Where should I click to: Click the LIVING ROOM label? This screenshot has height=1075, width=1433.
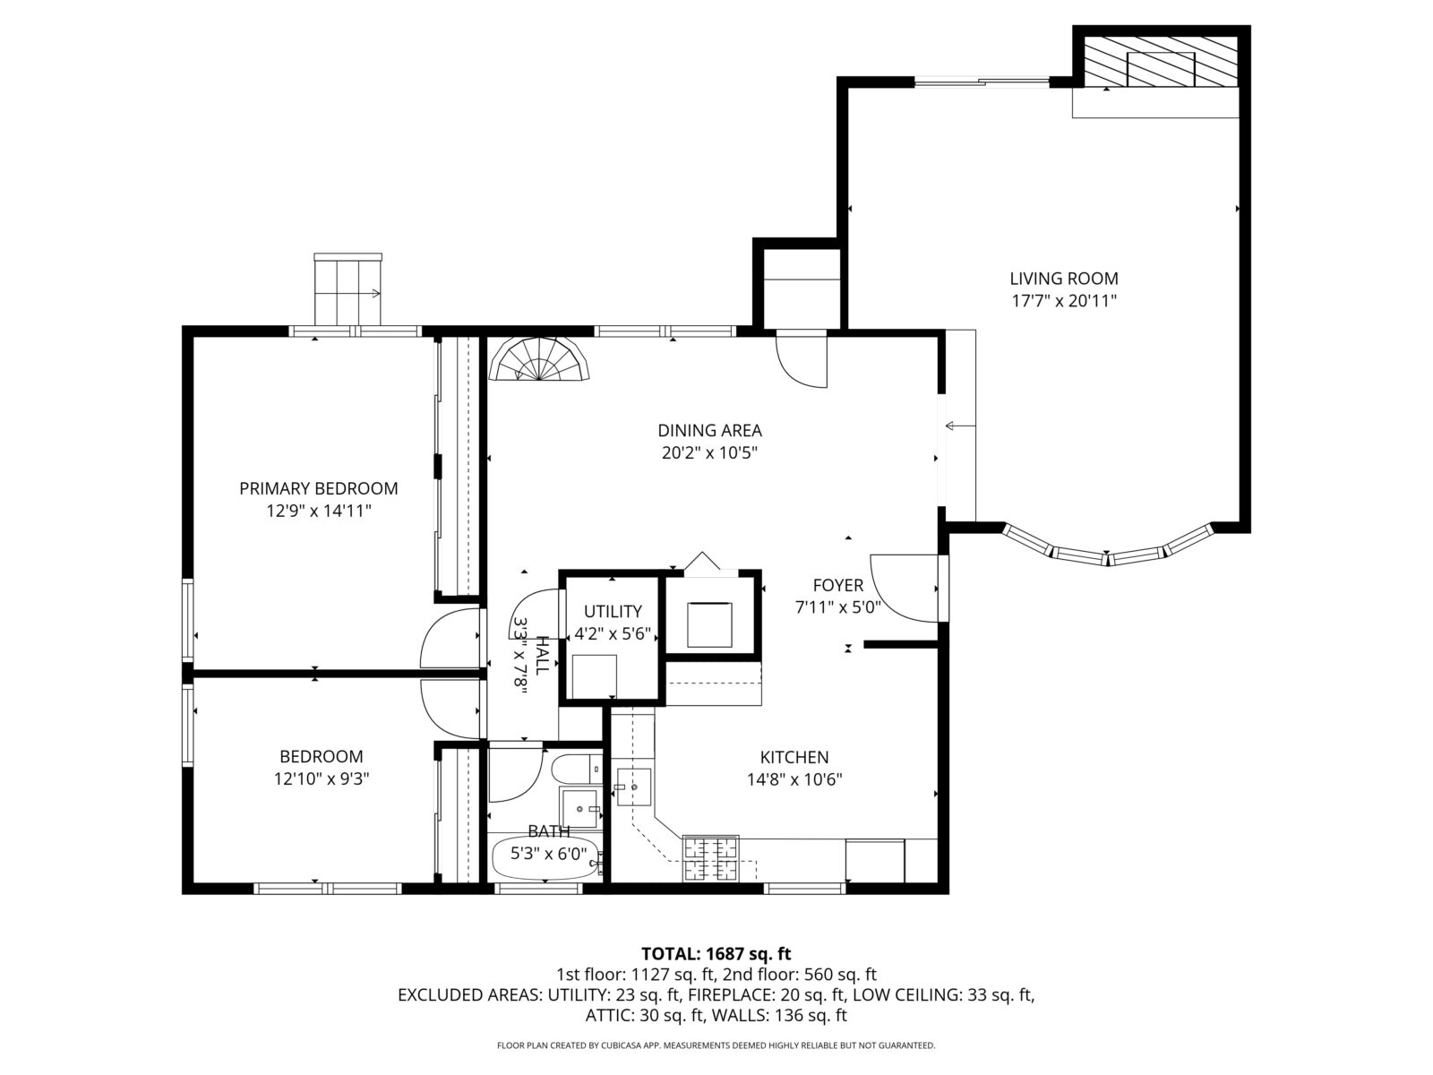click(x=1064, y=279)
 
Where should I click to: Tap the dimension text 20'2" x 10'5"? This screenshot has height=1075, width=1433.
click(x=709, y=453)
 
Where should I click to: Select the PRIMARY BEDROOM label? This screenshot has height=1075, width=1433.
click(x=318, y=488)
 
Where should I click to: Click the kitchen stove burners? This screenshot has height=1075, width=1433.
click(x=712, y=857)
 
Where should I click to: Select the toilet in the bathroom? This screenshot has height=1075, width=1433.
click(x=576, y=769)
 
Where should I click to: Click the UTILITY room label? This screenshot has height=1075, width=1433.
click(x=613, y=612)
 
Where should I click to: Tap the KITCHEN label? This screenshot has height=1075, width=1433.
click(x=794, y=757)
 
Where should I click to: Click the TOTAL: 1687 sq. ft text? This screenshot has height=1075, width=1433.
click(x=716, y=953)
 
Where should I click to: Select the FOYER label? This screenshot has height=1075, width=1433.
click(x=837, y=586)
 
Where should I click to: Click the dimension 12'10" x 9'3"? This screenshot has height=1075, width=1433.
click(x=322, y=779)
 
